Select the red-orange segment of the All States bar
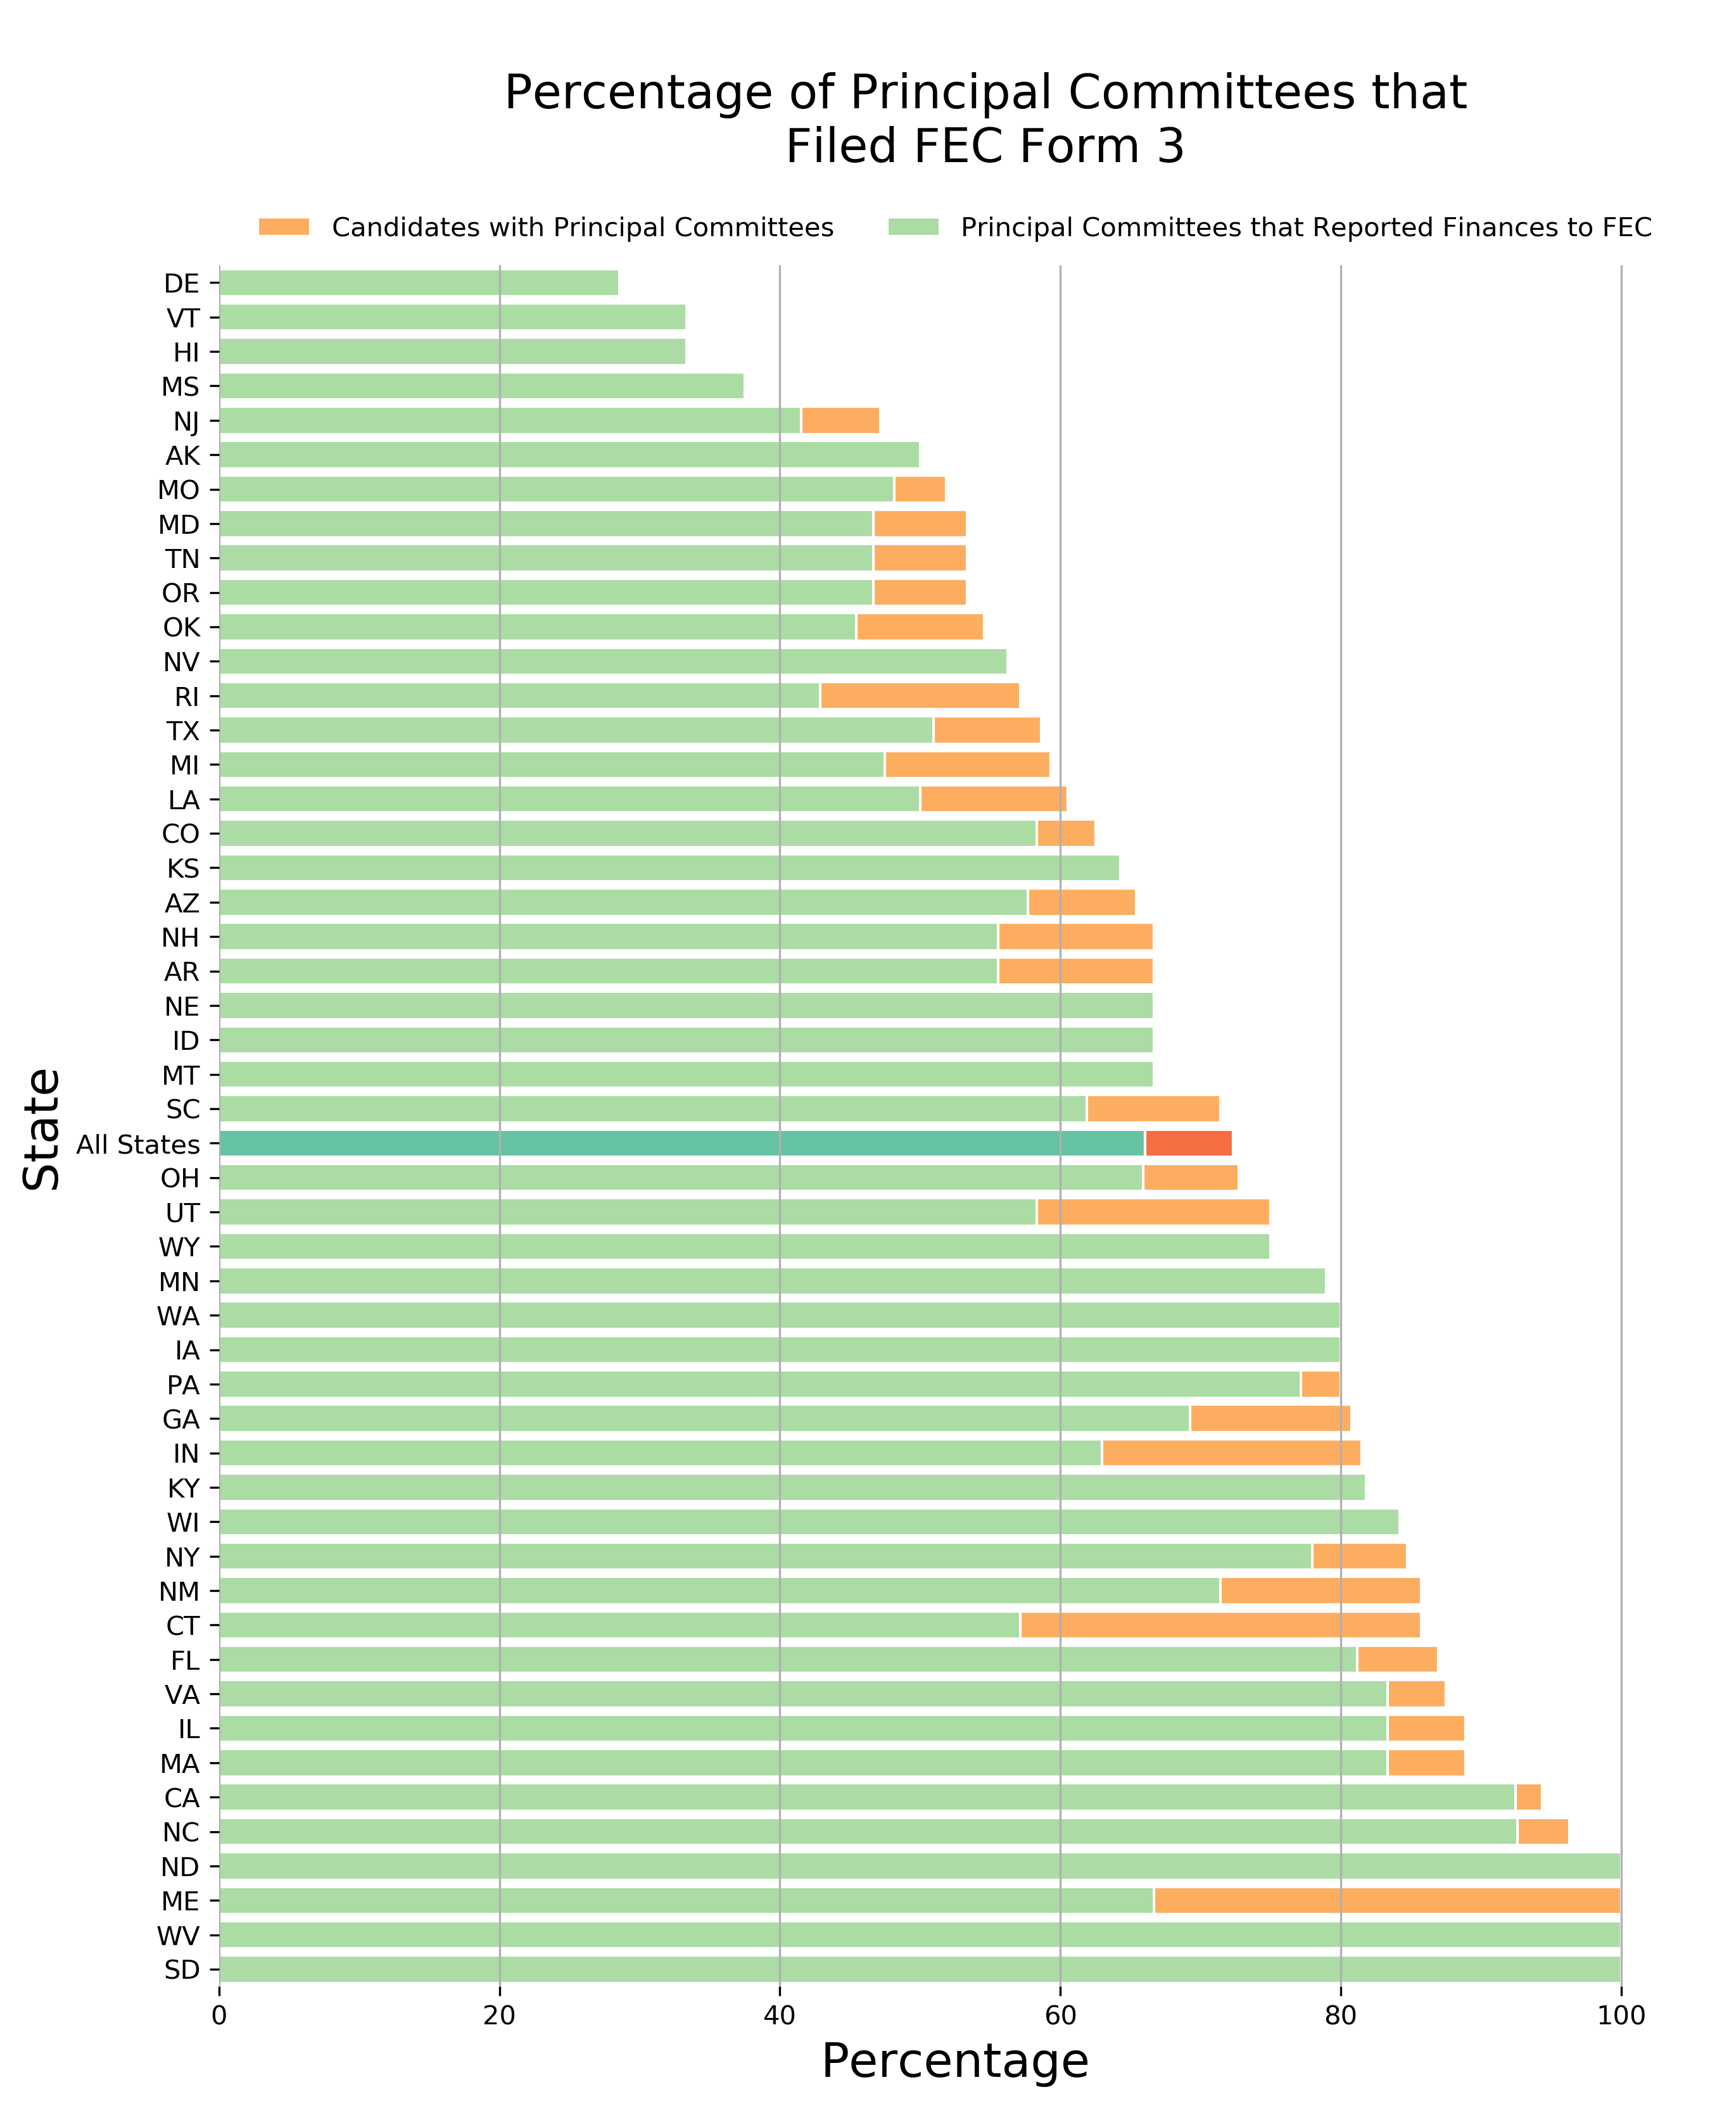click(1188, 1143)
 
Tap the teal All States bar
click(680, 1143)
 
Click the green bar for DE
click(419, 282)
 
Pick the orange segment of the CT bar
click(1219, 1625)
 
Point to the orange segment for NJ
click(839, 420)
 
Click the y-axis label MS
click(180, 387)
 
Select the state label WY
click(179, 1247)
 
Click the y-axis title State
click(43, 1130)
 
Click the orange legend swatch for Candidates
click(284, 227)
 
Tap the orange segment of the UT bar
click(1153, 1212)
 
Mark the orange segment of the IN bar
click(1231, 1453)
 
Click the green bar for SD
click(919, 1969)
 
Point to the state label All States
click(138, 1145)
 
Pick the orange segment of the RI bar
click(919, 696)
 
